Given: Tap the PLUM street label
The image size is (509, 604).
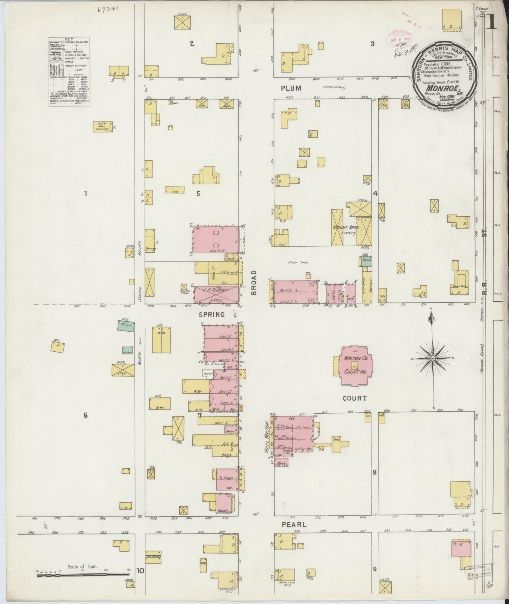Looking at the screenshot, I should click(x=291, y=88).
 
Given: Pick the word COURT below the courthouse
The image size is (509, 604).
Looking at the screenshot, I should click(x=354, y=398).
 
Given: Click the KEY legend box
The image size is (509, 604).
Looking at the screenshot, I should click(x=69, y=71).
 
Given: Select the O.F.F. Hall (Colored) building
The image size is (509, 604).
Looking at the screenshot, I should click(x=103, y=127).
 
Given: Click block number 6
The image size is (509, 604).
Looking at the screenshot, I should click(x=86, y=415).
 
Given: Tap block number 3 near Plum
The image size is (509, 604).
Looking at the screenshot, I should click(x=372, y=44).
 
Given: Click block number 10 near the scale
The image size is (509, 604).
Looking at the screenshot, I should click(x=141, y=571).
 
